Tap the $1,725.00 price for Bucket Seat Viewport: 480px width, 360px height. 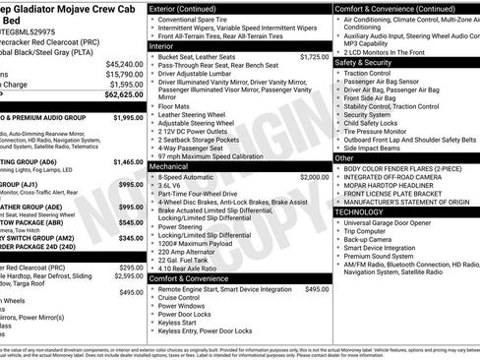pos(314,57)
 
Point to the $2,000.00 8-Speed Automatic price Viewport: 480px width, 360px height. pos(314,176)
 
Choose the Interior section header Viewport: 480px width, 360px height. pos(165,45)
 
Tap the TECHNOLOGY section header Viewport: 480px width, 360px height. pos(359,211)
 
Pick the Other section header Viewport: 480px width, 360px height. pos(344,157)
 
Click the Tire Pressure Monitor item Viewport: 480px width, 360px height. pos(379,130)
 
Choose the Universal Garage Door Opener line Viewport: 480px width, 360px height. pos(399,222)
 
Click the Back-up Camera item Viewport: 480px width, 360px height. pos(373,239)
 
